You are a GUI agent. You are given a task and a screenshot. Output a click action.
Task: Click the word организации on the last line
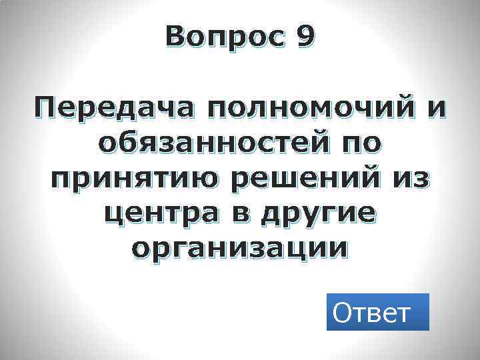coord(239,249)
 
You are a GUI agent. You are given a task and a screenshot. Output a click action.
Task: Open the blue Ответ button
coord(377,312)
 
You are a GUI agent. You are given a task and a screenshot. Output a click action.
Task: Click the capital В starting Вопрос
coord(177,38)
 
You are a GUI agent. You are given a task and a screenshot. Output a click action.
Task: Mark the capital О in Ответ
coord(343,312)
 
